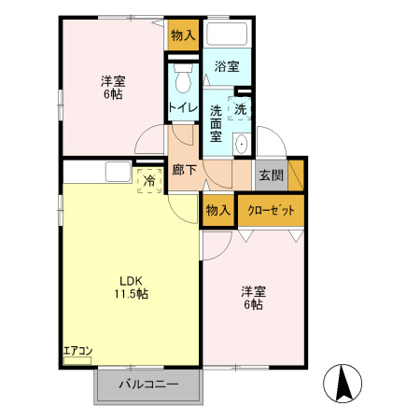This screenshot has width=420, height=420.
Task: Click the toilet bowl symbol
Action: pos(183,78)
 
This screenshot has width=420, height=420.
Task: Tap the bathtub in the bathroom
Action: pos(227,34)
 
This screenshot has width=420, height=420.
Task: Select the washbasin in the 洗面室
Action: pos(242,144)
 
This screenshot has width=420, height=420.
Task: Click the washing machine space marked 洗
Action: pos(240,108)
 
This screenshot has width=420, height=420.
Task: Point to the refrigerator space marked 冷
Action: pos(149,180)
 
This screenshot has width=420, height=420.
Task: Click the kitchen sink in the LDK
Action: pos(118,172)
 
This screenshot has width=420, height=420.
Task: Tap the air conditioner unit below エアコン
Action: pos(77,360)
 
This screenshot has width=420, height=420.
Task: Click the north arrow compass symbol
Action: pos(343,383)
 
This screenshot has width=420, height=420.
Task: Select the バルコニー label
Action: pos(148,385)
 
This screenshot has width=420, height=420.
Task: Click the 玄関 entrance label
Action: pos(272,175)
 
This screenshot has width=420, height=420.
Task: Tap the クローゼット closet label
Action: pos(271,211)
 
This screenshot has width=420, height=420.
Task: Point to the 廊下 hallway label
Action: pos(185,170)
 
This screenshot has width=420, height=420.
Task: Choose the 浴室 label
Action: pos(227,66)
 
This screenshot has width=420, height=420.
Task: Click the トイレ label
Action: pos(183,107)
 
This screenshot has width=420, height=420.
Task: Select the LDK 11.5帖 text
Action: pos(131,287)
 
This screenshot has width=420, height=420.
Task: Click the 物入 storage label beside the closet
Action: pos(218,211)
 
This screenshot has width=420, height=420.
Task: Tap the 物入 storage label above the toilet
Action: pos(183,35)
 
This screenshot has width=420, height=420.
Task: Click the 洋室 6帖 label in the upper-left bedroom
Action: pos(113,88)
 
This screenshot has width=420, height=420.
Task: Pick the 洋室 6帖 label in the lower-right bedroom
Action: pos(254,298)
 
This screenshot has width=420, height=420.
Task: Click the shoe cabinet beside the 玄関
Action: pos(296,175)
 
